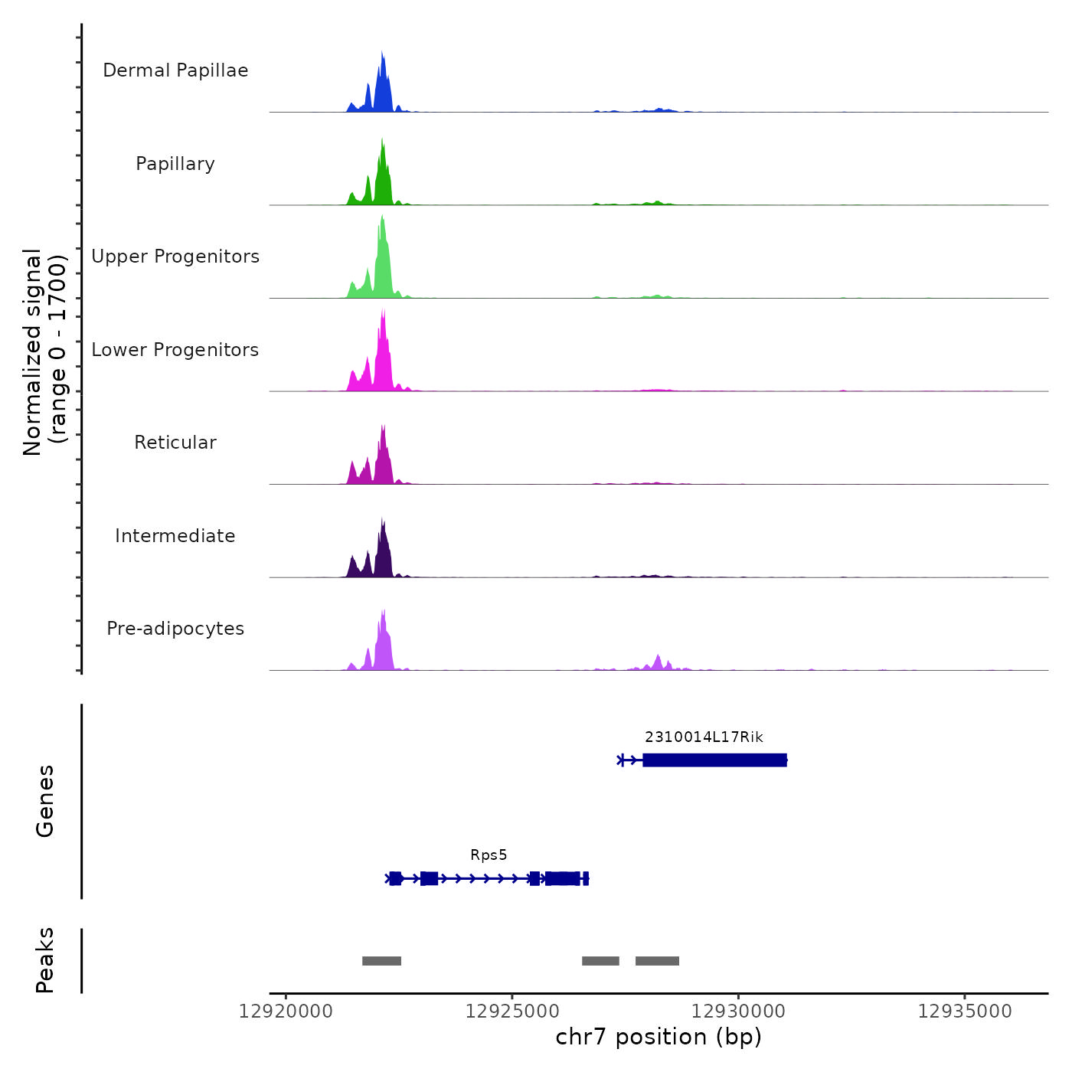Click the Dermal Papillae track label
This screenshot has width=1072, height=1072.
[175, 70]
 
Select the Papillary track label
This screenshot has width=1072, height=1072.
[175, 164]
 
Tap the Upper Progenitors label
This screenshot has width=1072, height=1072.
[175, 257]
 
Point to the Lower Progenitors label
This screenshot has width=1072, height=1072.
[175, 350]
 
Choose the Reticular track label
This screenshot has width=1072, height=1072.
[175, 443]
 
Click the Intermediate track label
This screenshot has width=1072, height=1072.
[175, 536]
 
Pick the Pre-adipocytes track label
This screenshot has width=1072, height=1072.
[175, 629]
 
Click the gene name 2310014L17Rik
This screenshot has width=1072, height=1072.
[704, 737]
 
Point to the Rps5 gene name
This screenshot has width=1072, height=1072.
[489, 855]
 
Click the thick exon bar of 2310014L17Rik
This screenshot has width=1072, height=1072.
[714, 760]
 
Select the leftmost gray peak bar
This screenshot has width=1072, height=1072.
[381, 961]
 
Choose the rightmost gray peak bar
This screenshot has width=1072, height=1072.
[657, 961]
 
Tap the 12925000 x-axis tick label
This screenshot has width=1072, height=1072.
[512, 1012]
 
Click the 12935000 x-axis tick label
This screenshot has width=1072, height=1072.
[965, 1012]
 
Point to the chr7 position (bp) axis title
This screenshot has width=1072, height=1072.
[659, 1037]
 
